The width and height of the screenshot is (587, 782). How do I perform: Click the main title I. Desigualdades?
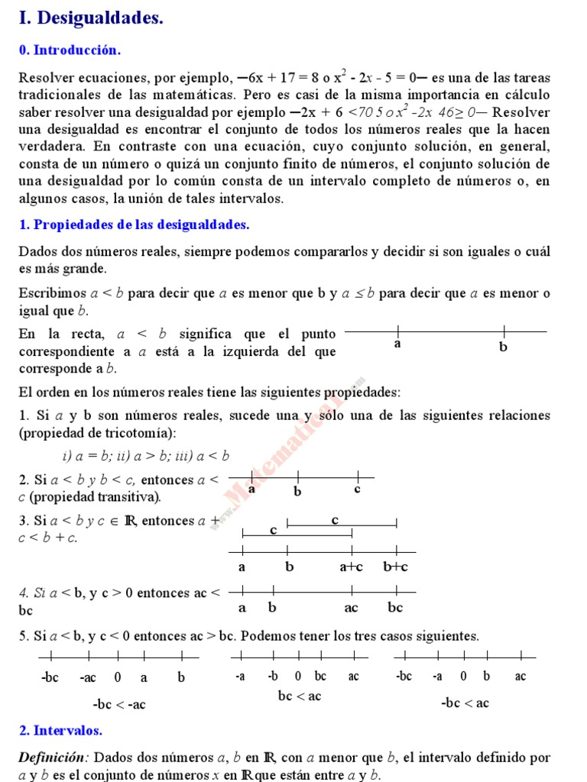click(x=91, y=18)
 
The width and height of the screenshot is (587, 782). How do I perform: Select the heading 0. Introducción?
click(x=70, y=50)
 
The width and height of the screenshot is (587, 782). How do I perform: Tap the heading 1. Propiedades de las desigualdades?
click(x=134, y=225)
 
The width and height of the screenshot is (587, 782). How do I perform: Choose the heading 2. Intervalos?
click(x=60, y=730)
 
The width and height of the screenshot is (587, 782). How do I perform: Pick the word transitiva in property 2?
click(x=132, y=497)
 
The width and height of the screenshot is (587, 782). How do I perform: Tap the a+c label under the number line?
click(x=352, y=567)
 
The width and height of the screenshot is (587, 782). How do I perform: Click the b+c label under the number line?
click(x=395, y=567)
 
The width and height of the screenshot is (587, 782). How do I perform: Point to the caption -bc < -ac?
click(x=118, y=704)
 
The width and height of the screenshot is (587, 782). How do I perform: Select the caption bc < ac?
click(x=300, y=696)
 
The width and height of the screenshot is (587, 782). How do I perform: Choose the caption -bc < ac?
click(x=465, y=703)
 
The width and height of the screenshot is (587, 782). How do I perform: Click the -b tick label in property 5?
click(x=274, y=677)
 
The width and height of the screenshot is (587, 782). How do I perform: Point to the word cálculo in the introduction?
click(x=527, y=95)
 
